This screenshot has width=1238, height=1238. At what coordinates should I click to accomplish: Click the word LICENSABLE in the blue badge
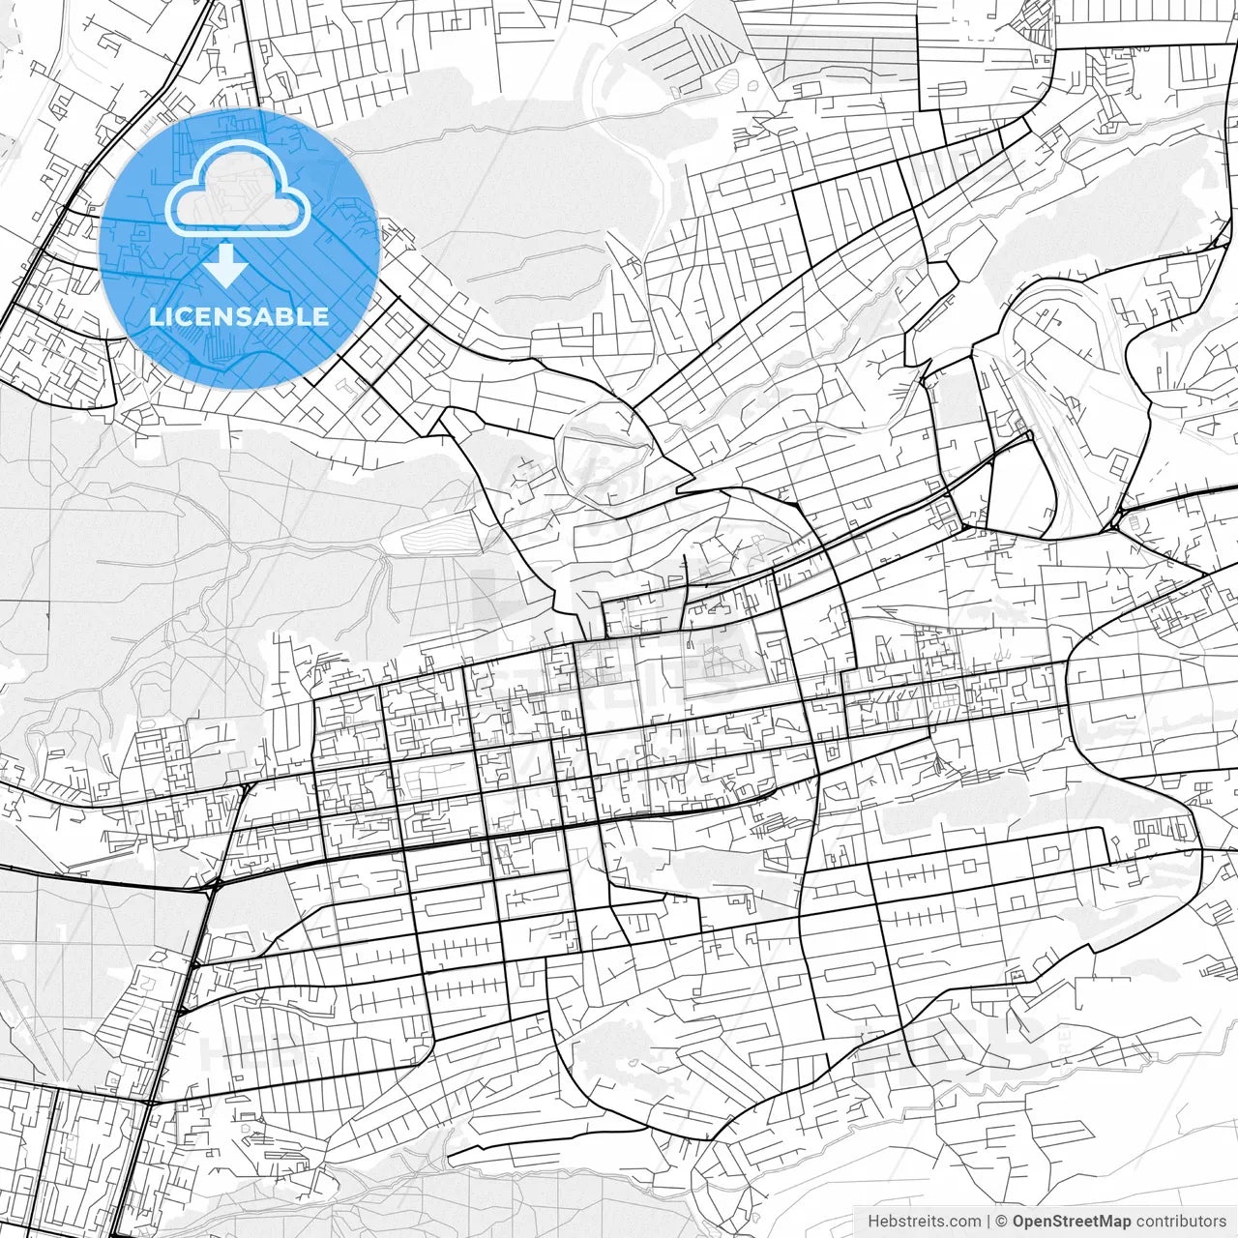point(239,316)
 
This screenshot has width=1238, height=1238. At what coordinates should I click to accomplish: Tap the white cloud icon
point(238,189)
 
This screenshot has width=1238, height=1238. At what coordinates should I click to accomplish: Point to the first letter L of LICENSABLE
point(155,316)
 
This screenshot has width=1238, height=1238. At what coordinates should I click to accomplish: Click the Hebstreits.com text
point(924,1222)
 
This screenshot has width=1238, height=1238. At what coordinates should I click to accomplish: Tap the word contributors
point(1181,1222)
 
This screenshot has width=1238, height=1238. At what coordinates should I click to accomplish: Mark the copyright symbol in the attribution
point(1003,1222)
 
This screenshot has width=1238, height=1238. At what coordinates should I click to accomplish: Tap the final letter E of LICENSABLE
point(321,316)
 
